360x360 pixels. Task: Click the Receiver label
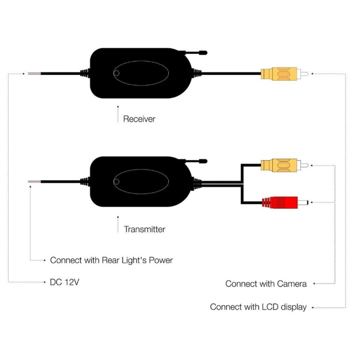[139, 119]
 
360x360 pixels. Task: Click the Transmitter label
[144, 229]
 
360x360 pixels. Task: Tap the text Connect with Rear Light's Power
[111, 260]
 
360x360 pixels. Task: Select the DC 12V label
[65, 282]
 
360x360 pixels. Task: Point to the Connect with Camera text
[266, 284]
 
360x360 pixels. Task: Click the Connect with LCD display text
[258, 307]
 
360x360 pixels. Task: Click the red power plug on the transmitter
[285, 203]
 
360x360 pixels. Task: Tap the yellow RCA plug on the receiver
[285, 74]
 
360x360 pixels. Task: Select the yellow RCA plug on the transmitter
[285, 165]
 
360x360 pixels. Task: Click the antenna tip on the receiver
[203, 53]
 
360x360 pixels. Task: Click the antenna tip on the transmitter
[203, 161]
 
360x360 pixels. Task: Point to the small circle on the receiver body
[116, 73]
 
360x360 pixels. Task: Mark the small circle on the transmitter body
[116, 181]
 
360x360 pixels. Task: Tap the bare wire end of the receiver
[34, 74]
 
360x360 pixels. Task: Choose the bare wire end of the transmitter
[34, 182]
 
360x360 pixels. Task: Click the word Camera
[292, 284]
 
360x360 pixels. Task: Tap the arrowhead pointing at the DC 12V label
[45, 282]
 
